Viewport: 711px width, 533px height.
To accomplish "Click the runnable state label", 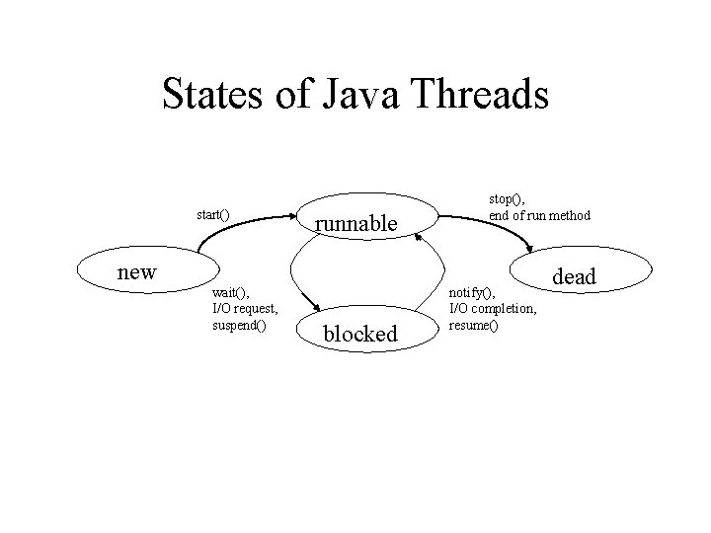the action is pyautogui.click(x=355, y=224).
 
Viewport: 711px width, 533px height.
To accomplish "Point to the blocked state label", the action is pyautogui.click(x=360, y=334).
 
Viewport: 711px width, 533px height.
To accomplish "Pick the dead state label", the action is pyautogui.click(x=575, y=277).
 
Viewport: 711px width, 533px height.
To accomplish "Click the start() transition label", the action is pyautogui.click(x=213, y=214).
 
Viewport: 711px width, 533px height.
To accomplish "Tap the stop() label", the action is pyautogui.click(x=506, y=200).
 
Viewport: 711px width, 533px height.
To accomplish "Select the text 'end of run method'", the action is pyautogui.click(x=540, y=215).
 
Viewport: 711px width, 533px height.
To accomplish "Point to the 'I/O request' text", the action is pyautogui.click(x=245, y=309).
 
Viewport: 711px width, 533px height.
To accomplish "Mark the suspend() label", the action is pyautogui.click(x=239, y=325).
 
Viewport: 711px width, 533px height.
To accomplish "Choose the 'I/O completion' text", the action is pyautogui.click(x=494, y=309).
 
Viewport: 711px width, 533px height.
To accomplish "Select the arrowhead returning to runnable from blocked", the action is pyautogui.click(x=418, y=236).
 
